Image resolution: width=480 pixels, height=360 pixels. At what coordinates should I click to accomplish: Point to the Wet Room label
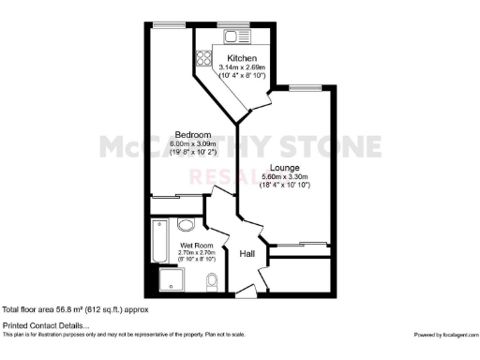tap(197, 246)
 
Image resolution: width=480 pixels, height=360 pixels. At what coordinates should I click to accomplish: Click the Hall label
tap(247, 254)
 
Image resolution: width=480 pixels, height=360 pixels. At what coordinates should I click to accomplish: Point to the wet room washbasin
tap(185, 226)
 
